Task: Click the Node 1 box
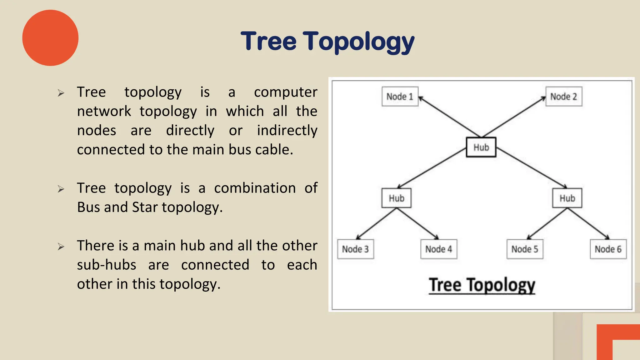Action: click(x=400, y=97)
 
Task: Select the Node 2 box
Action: click(x=563, y=97)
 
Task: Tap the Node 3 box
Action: click(x=355, y=249)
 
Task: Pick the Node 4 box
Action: click(x=438, y=249)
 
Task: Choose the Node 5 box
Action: click(x=525, y=249)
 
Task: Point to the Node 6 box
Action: click(x=608, y=249)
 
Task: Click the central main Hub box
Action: click(x=481, y=147)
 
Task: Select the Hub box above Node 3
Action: click(x=396, y=198)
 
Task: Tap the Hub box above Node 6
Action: click(x=567, y=198)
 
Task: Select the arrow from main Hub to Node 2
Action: click(x=514, y=117)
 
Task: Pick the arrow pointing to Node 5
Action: click(x=547, y=224)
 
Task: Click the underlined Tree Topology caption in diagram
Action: click(x=482, y=285)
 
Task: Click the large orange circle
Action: click(x=50, y=38)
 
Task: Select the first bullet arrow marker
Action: click(x=61, y=93)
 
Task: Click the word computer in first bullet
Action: click(x=285, y=92)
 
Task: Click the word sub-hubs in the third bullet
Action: click(x=107, y=265)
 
